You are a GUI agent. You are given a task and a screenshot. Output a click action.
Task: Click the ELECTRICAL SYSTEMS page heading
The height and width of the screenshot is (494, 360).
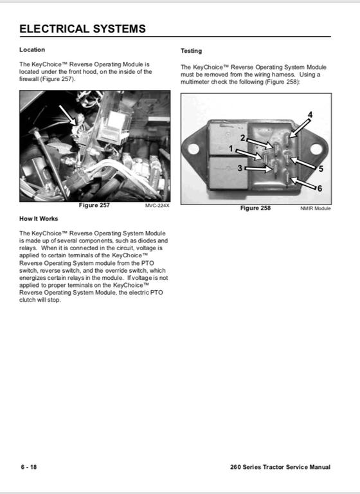coord(82,29)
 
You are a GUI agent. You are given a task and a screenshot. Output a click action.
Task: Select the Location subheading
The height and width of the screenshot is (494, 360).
coord(32,50)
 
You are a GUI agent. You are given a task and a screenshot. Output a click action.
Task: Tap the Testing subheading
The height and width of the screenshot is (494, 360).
coord(191,51)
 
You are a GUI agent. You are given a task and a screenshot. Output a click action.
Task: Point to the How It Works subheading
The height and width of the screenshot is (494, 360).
coord(39,219)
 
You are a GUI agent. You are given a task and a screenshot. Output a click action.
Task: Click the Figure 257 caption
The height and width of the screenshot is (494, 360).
coord(94,205)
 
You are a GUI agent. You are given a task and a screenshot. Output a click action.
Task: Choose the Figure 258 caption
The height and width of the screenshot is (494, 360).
coord(255,208)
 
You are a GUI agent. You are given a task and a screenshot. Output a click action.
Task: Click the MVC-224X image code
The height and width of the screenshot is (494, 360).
coord(157,206)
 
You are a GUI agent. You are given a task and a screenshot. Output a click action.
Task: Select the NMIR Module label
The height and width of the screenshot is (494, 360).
coord(316,208)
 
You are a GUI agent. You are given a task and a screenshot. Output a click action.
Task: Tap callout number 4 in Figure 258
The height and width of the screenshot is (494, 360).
coord(310,114)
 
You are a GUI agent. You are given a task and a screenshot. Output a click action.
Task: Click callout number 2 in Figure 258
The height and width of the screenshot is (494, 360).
coord(242,138)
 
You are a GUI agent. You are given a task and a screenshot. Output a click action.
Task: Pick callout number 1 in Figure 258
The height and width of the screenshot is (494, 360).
coord(231,149)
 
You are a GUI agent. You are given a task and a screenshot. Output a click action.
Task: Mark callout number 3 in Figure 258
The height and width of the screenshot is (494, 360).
coord(240,169)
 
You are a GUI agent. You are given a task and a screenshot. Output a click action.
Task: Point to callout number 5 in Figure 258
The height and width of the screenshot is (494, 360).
coord(321,169)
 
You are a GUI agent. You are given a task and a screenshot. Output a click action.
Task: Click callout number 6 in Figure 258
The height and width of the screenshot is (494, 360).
coord(319,188)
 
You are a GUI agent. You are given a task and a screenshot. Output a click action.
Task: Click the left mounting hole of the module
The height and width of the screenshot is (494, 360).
coord(194,149)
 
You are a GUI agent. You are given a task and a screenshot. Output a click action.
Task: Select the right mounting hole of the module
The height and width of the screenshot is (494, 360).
coord(316,149)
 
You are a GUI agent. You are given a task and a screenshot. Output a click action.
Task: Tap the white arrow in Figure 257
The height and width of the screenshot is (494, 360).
coord(67,115)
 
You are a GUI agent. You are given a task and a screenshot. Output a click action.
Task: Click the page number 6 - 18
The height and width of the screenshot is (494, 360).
coord(29,467)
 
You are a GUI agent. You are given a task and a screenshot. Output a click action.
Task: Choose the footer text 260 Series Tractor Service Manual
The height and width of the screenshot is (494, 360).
coord(280,467)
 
